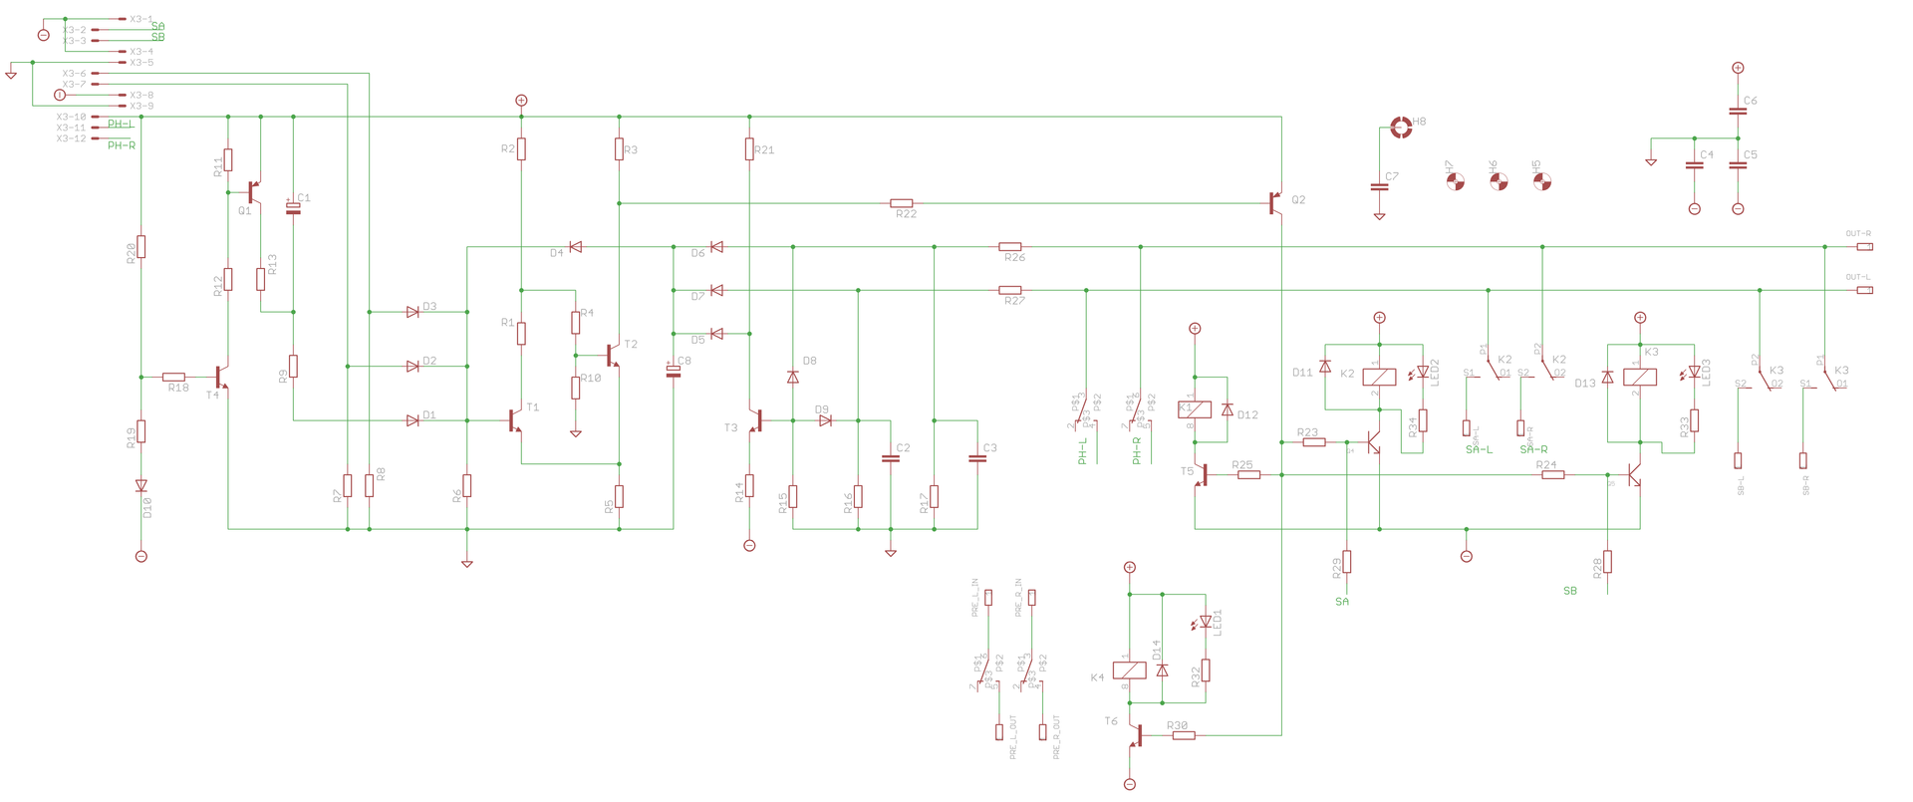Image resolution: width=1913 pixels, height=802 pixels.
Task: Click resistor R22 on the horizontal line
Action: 901,203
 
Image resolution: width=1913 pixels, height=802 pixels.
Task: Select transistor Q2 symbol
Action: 1275,203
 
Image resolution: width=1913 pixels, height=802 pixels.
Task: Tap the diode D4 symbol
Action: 575,246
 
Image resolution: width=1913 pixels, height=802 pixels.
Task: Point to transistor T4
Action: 221,378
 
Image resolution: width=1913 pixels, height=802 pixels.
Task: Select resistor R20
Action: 141,247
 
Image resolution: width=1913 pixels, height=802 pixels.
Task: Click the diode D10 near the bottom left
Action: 141,486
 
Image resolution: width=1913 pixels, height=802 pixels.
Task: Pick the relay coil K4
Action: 1129,670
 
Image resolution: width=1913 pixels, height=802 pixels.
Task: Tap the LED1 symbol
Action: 1206,622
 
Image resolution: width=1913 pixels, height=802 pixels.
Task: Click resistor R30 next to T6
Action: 1183,736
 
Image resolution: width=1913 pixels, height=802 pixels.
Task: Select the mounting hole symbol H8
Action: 1401,127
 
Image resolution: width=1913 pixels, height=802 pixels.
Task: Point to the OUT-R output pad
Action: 1863,246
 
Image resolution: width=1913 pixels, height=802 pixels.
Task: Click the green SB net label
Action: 1570,591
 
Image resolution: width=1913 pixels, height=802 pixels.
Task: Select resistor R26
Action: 1010,246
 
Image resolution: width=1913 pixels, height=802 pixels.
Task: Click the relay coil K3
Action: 1640,377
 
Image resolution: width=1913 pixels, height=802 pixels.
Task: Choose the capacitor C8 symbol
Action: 674,372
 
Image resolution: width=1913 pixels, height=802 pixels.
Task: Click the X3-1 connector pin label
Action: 141,19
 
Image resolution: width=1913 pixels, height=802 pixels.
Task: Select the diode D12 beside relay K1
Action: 1227,410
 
